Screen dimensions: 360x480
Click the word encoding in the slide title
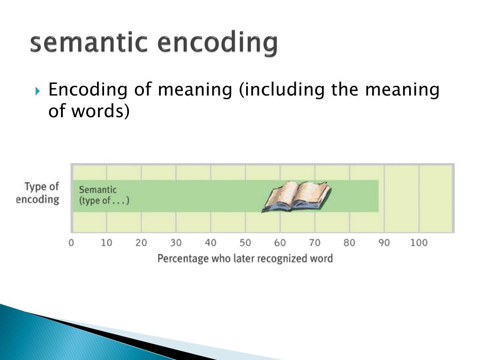click(217, 44)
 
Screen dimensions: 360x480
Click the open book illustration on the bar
click(296, 196)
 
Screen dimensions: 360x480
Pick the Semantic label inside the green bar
click(97, 190)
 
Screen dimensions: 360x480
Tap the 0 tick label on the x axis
click(71, 243)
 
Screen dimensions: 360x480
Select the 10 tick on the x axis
click(106, 243)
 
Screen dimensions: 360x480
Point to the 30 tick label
click(176, 243)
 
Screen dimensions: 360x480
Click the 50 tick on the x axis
click(245, 243)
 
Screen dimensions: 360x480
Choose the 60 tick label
click(280, 243)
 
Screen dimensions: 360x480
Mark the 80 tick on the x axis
click(349, 243)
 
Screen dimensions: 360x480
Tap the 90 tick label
click(384, 243)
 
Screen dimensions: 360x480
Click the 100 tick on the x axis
click(419, 243)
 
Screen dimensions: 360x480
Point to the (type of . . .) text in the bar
click(104, 201)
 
